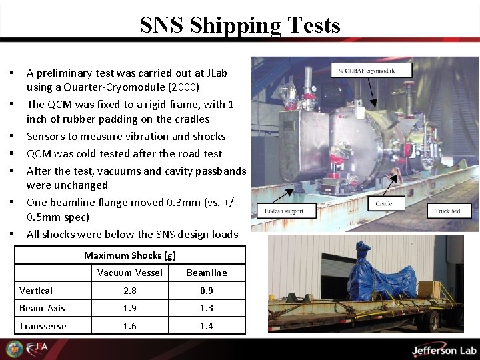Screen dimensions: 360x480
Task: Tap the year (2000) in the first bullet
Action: [186, 87]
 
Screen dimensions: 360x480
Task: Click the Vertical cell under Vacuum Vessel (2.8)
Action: [129, 291]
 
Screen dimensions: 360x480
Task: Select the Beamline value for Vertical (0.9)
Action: [207, 291]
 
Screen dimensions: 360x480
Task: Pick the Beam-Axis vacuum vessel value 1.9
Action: [129, 308]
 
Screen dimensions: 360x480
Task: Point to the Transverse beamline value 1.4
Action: [207, 325]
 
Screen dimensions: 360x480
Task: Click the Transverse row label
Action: [43, 325]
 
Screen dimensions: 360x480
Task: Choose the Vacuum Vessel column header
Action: [129, 272]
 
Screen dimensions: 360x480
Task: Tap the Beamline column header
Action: [207, 272]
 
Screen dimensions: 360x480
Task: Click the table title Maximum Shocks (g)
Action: [130, 255]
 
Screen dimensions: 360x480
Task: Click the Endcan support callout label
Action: [283, 211]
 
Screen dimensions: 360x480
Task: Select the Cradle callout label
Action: [384, 203]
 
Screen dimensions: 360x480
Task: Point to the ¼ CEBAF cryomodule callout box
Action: [371, 69]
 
